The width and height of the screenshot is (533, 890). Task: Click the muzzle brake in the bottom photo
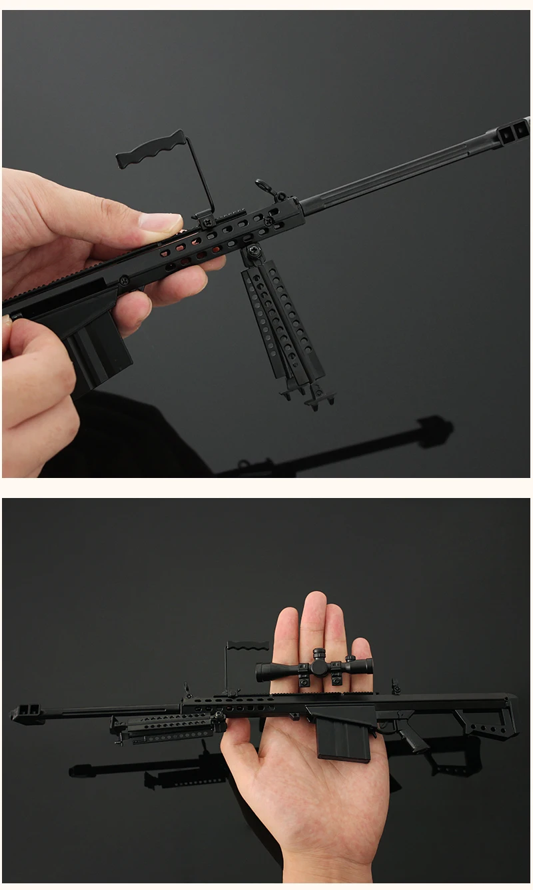click(27, 713)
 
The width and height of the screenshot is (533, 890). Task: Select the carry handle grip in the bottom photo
click(248, 645)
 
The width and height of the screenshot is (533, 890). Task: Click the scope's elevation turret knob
click(319, 654)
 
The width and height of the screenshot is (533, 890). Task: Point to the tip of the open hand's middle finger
click(312, 603)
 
